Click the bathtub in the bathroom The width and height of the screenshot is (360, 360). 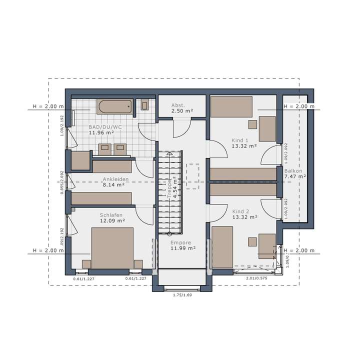[115, 106]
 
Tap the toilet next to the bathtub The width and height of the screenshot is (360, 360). [144, 105]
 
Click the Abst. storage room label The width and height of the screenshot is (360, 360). [178, 105]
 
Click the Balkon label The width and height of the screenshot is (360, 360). [293, 170]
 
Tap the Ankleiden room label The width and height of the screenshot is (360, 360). [115, 178]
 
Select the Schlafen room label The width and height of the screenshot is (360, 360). [111, 214]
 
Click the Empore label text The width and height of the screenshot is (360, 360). [180, 242]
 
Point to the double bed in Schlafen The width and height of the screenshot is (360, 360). [112, 248]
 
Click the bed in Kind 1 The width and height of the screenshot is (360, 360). [231, 106]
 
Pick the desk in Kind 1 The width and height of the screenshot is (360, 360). [267, 128]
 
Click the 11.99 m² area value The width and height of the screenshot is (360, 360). [182, 248]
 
